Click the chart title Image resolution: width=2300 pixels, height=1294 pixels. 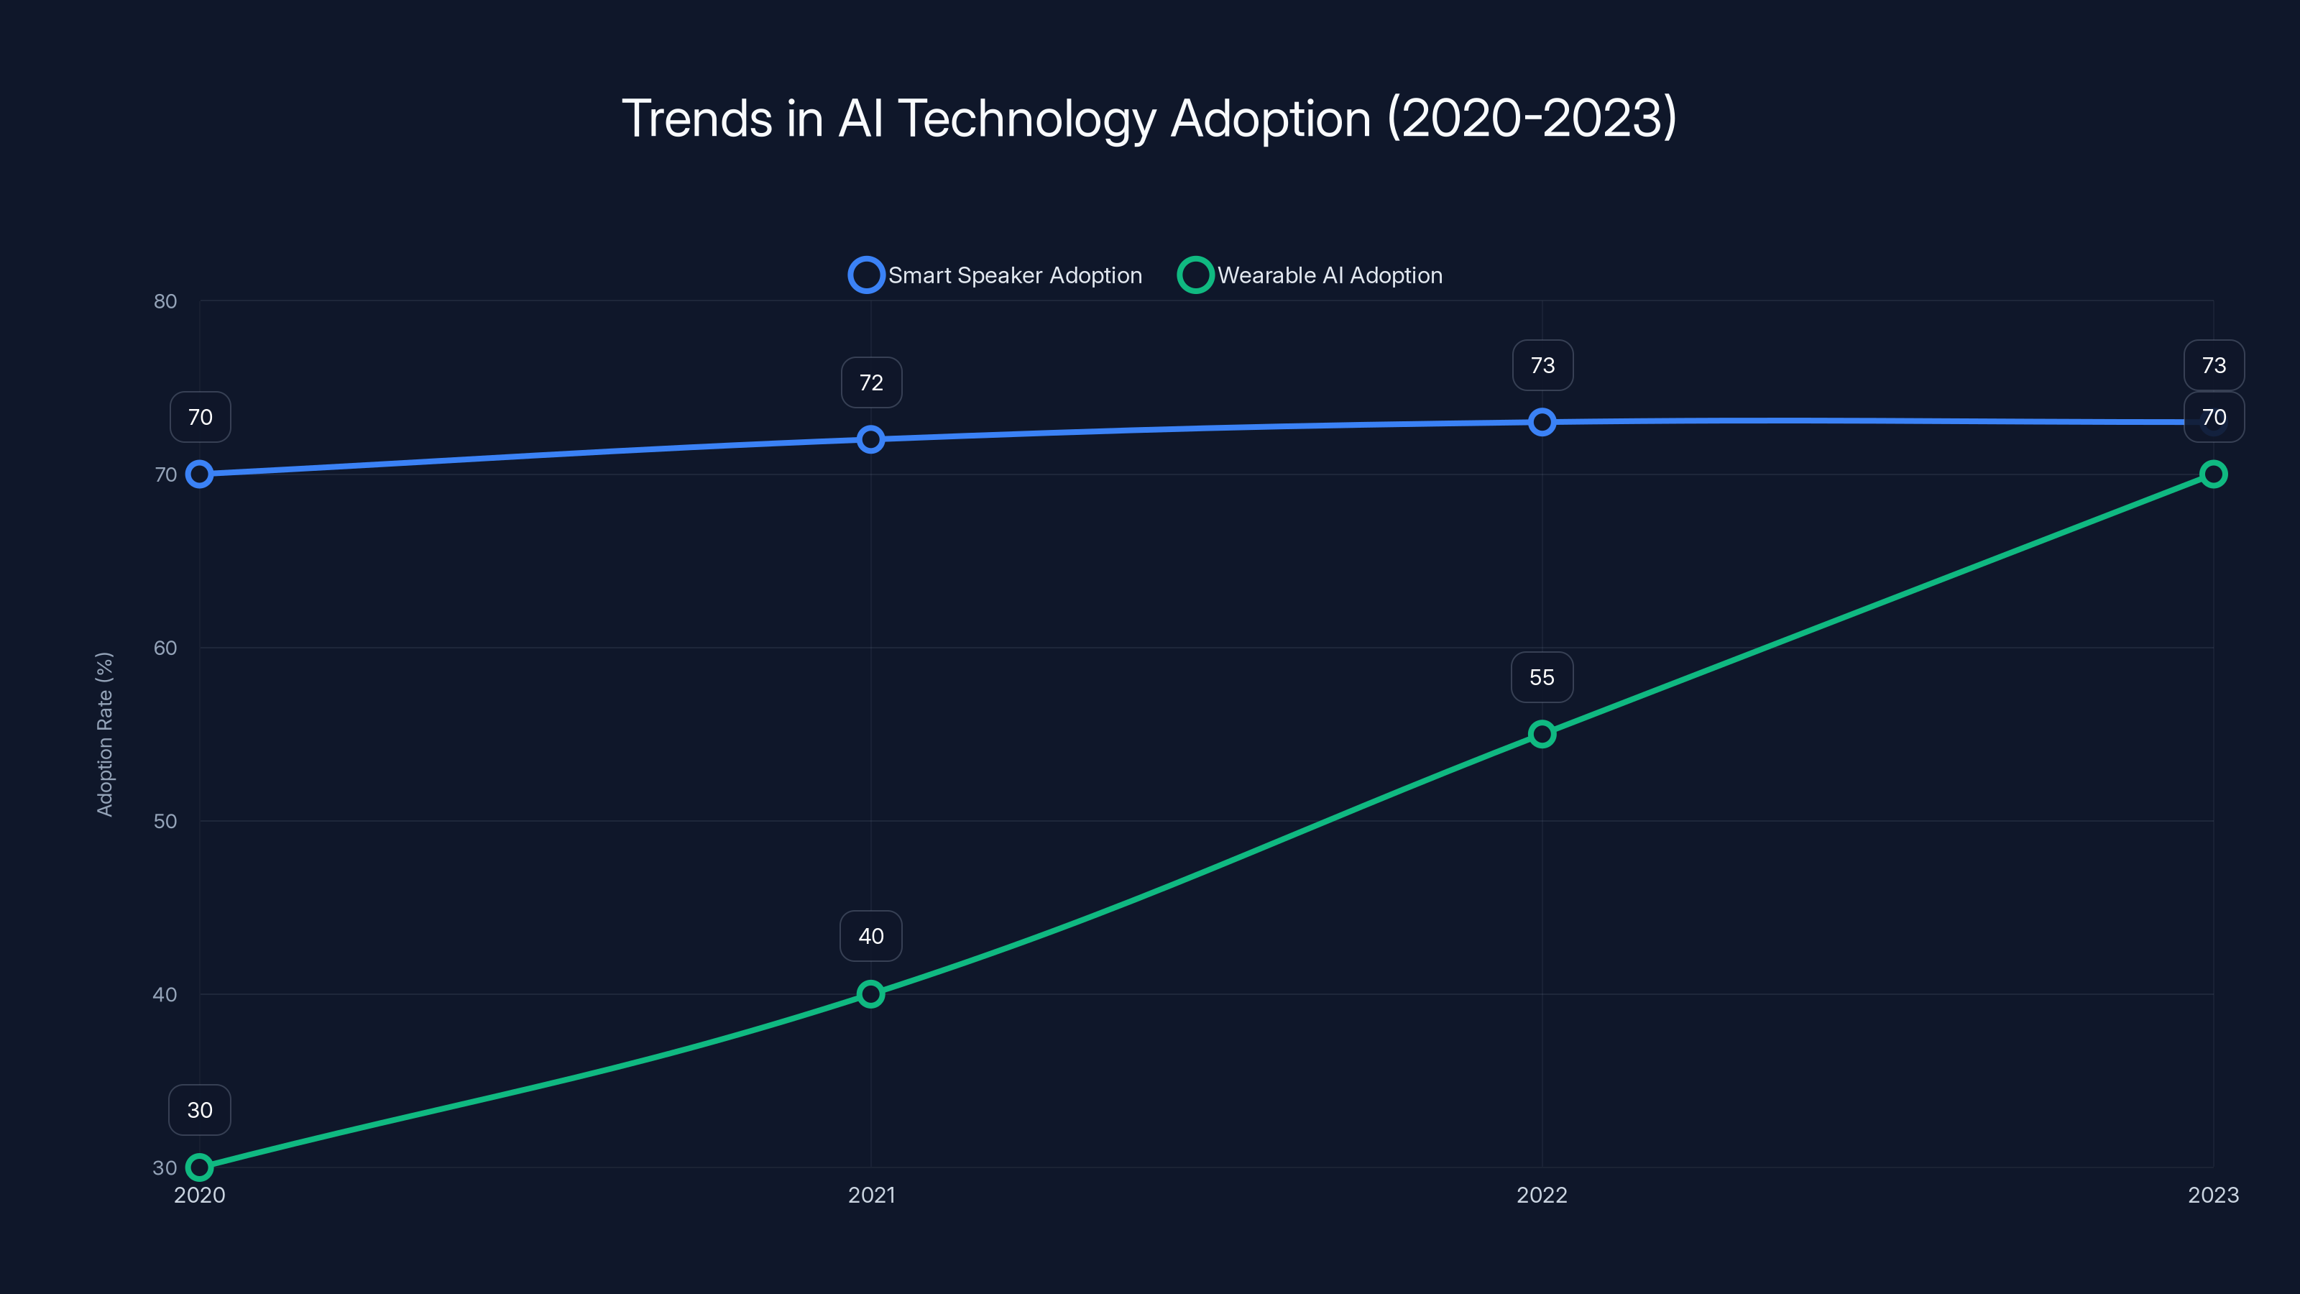[x=1149, y=118]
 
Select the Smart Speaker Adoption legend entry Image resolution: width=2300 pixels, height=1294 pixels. [x=995, y=275]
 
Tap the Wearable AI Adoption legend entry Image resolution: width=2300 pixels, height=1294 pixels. [x=1310, y=275]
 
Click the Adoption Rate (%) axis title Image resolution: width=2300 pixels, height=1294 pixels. [x=104, y=734]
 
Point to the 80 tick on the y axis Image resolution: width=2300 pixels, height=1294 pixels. [x=165, y=301]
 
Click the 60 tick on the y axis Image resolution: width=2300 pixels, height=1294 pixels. [x=165, y=648]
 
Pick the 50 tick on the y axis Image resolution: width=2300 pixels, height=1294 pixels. [x=165, y=821]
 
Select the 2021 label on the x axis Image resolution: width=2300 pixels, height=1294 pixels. [x=870, y=1195]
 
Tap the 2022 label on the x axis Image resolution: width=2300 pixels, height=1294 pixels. [x=1542, y=1195]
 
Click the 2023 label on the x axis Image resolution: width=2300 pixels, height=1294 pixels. [x=2212, y=1195]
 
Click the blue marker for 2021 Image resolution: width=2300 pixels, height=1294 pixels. [x=870, y=439]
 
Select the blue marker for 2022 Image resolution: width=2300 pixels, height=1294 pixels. [x=1542, y=423]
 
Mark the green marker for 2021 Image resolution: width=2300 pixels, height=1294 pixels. [x=870, y=994]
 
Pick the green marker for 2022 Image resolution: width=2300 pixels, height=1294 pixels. [x=1542, y=734]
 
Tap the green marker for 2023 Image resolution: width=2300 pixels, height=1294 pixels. [x=2212, y=474]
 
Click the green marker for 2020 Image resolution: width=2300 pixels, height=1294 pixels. [x=200, y=1167]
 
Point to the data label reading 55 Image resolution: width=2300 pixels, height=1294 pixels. [x=1542, y=678]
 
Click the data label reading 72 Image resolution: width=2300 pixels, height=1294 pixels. [x=870, y=383]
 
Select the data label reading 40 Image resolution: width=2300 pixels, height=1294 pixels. [x=870, y=936]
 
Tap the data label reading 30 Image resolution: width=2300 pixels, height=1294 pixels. [x=200, y=1110]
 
